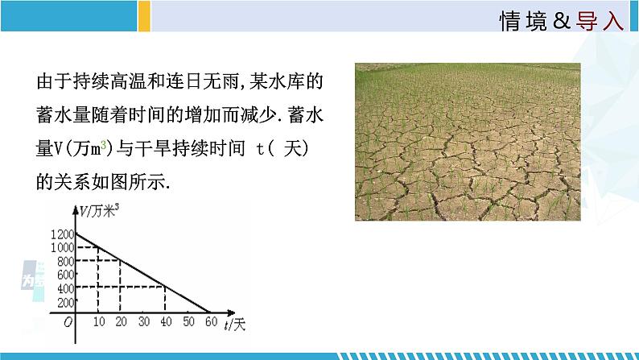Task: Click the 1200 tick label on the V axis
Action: [x=63, y=234]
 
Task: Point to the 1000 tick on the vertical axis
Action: [x=63, y=247]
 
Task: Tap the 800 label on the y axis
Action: [x=66, y=261]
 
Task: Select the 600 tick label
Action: [x=66, y=275]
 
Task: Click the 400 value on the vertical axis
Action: [x=66, y=288]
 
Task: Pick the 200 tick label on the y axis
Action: [x=66, y=302]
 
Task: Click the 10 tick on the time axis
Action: [x=99, y=321]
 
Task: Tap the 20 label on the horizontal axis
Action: [x=121, y=321]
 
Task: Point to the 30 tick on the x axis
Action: [x=144, y=321]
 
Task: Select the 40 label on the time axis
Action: [x=166, y=321]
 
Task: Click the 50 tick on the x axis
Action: [x=188, y=321]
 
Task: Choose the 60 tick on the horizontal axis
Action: [x=211, y=321]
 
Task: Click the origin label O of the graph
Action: [x=68, y=322]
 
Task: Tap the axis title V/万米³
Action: [x=99, y=211]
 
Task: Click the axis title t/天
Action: [x=235, y=324]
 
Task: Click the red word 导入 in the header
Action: [x=600, y=20]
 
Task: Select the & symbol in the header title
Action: [x=562, y=20]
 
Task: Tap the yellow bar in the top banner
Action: [x=144, y=16]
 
